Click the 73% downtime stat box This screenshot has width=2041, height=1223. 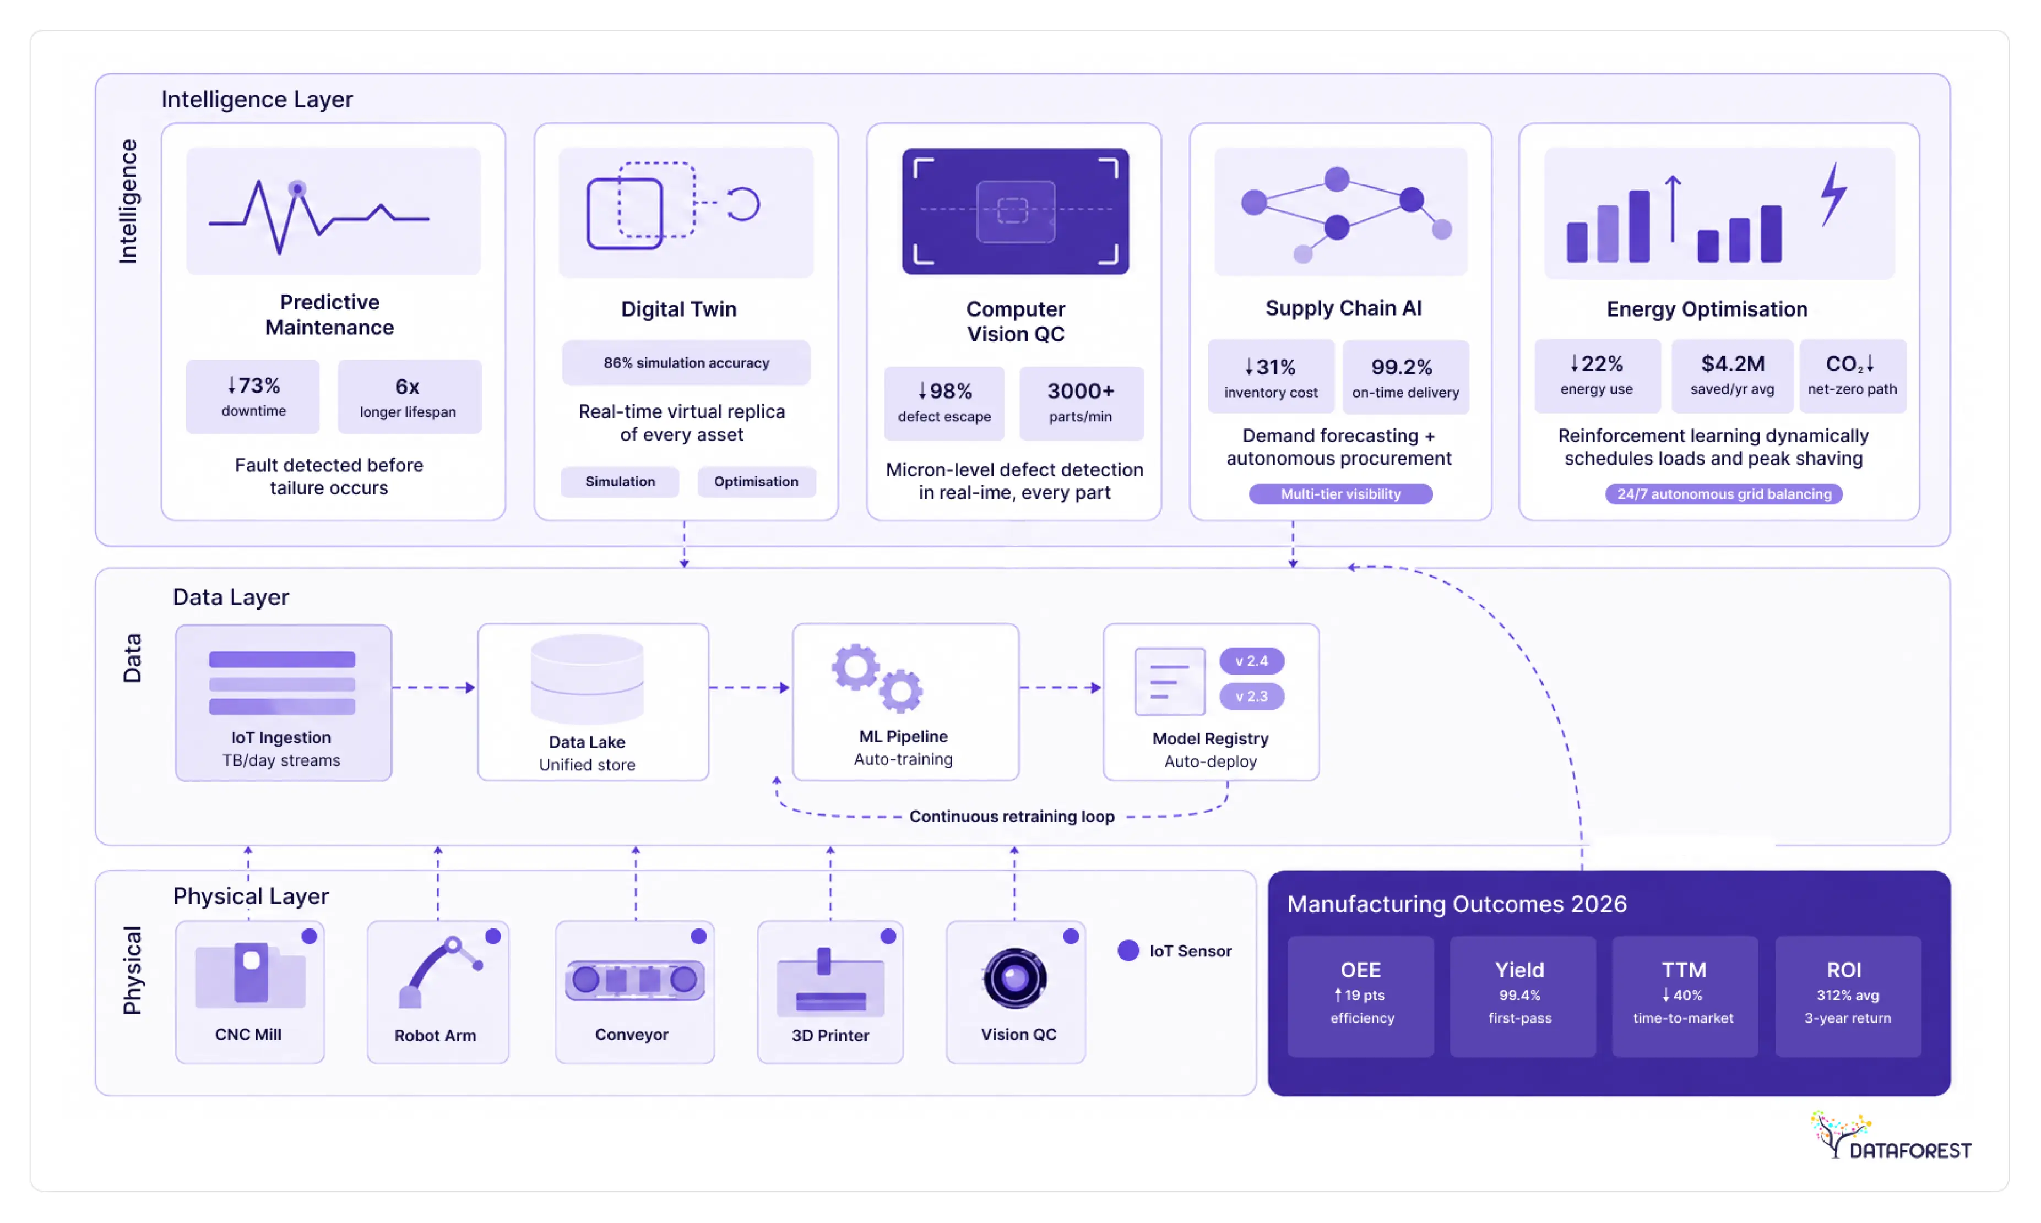pyautogui.click(x=252, y=396)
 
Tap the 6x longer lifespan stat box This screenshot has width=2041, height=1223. pyautogui.click(x=410, y=396)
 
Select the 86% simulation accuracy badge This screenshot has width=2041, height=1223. pyautogui.click(x=686, y=363)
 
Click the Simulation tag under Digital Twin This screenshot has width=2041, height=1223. pyautogui.click(x=620, y=481)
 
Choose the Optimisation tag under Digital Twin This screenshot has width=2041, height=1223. pyautogui.click(x=756, y=481)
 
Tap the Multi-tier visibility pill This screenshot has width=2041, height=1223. pyautogui.click(x=1340, y=493)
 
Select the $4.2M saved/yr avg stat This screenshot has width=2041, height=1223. pyautogui.click(x=1732, y=375)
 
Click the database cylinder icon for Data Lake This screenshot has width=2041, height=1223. pyautogui.click(x=587, y=679)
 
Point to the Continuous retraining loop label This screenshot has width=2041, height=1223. pyautogui.click(x=1011, y=817)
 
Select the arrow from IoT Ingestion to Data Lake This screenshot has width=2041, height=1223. pyautogui.click(x=434, y=687)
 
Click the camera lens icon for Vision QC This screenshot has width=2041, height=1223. pyautogui.click(x=1014, y=979)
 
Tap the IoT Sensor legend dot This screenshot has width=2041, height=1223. pyautogui.click(x=1128, y=950)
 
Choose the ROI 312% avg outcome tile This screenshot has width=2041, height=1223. pyautogui.click(x=1847, y=996)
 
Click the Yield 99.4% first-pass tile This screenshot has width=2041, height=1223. pyautogui.click(x=1522, y=996)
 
